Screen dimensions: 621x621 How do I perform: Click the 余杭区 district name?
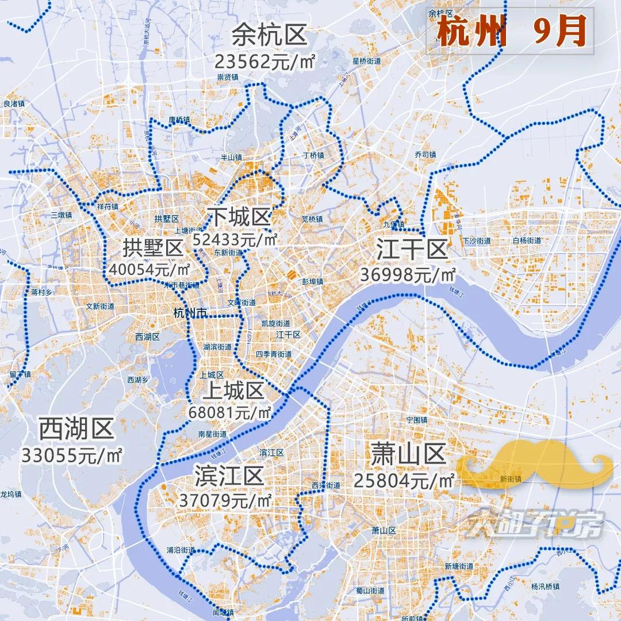[270, 37]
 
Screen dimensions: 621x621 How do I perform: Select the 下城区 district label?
[239, 217]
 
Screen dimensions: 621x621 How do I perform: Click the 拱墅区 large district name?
[152, 248]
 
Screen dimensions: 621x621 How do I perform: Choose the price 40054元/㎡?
[150, 269]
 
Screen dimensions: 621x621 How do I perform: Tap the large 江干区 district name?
[412, 251]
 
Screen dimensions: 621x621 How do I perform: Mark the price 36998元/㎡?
[408, 275]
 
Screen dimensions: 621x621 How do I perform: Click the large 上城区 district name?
[233, 392]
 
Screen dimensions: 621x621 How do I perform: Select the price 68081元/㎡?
[230, 413]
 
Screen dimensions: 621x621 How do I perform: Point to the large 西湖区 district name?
[76, 428]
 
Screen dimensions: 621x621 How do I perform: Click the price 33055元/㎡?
[72, 455]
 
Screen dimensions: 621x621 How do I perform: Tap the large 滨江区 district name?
[229, 476]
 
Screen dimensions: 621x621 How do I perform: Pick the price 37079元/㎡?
[225, 500]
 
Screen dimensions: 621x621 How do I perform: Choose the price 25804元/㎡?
[404, 480]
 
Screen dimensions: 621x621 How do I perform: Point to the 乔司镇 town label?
[425, 155]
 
